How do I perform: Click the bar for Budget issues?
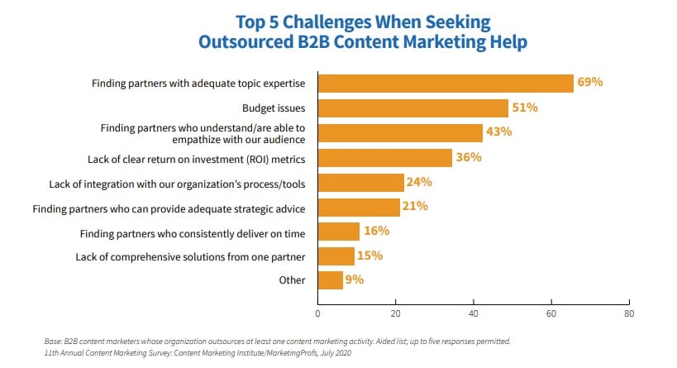point(412,108)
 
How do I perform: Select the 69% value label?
point(590,83)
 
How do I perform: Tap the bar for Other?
point(330,280)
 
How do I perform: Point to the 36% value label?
point(470,157)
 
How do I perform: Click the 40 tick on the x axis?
point(474,313)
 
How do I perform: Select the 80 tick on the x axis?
point(629,313)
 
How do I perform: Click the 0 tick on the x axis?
point(318,313)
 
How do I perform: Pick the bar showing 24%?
point(360,182)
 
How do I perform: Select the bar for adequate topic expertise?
point(446,84)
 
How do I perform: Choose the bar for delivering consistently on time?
point(339,231)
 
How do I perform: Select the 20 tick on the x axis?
point(396,313)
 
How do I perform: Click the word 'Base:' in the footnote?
point(55,340)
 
